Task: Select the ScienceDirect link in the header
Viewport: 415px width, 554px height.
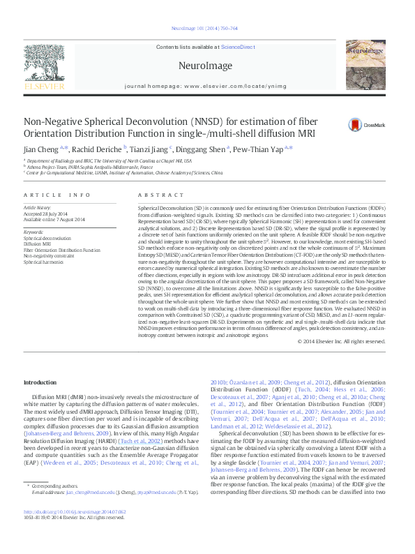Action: point(237,47)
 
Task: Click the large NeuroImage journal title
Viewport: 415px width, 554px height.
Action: point(207,65)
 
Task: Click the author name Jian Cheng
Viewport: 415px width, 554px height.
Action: point(41,149)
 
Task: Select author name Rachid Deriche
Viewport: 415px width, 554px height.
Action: point(98,149)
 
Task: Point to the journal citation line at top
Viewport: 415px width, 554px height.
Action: point(207,29)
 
